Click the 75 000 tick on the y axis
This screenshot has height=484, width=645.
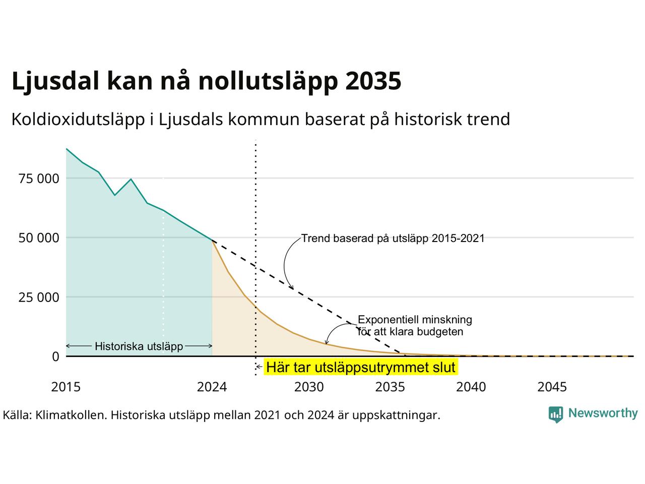(x=39, y=178)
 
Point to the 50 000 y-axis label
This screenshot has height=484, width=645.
(x=39, y=238)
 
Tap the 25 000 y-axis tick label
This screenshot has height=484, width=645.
(x=39, y=297)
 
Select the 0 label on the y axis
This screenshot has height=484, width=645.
(x=56, y=356)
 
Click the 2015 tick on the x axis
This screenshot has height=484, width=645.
(x=66, y=387)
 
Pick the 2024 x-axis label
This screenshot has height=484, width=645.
(x=212, y=387)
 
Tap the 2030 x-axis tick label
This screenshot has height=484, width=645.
(x=309, y=387)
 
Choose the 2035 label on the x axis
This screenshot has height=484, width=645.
(x=390, y=387)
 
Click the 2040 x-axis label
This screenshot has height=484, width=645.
(x=471, y=387)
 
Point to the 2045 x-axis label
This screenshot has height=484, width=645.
(x=552, y=387)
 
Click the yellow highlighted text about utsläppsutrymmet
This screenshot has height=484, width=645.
(x=361, y=368)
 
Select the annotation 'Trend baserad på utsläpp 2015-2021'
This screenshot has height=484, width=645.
(x=393, y=238)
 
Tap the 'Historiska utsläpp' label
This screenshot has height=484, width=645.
(x=139, y=346)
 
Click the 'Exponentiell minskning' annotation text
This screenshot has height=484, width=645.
(x=415, y=320)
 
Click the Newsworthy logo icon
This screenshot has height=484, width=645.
(x=556, y=414)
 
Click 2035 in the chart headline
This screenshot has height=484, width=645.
(x=373, y=81)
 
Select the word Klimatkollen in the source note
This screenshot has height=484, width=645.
(x=71, y=415)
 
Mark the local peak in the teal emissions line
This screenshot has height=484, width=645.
(x=131, y=179)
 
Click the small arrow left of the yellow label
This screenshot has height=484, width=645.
(x=259, y=367)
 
